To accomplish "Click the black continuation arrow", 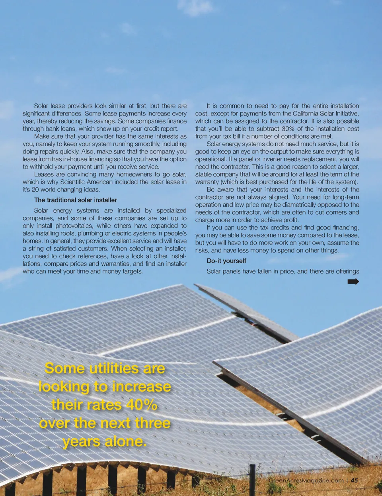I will [x=353, y=282].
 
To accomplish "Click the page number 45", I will [x=354, y=480].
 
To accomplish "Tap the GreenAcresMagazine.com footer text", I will [x=306, y=480].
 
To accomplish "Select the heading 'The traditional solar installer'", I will [x=75, y=200].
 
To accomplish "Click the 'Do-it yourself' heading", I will [x=226, y=261].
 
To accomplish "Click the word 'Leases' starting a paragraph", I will [x=43, y=174].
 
